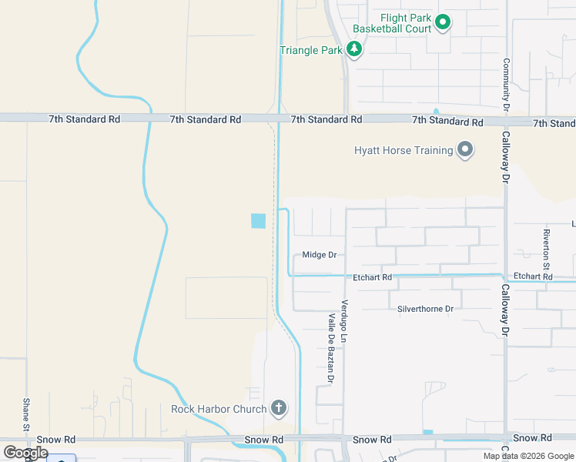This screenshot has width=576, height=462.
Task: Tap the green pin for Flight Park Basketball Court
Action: (443, 23)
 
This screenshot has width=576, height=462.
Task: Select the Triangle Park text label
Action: (310, 51)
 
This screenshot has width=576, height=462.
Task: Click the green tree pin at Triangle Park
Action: (354, 50)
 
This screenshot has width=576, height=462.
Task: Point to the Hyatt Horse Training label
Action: (404, 150)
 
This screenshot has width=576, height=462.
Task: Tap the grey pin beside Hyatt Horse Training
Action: (465, 149)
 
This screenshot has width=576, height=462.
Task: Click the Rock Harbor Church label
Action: (219, 409)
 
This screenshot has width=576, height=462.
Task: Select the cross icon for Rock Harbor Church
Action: (279, 408)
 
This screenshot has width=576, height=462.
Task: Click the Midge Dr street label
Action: (320, 255)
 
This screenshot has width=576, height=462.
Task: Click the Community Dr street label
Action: (507, 85)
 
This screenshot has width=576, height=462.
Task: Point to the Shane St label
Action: (26, 414)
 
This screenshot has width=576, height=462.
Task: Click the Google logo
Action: (25, 453)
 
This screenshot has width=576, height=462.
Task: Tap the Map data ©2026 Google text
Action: (528, 456)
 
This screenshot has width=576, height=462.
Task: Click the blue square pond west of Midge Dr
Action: (258, 221)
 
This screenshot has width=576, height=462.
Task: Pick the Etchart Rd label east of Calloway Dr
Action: (533, 276)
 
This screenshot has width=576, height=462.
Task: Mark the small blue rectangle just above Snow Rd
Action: (428, 432)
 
